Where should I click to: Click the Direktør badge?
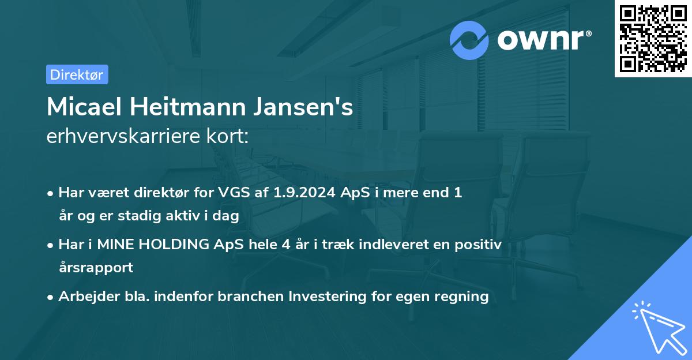click(x=77, y=74)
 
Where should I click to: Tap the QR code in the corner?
click(x=653, y=39)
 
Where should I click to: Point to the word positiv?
click(x=479, y=245)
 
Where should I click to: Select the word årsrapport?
click(x=96, y=267)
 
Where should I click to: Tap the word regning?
click(x=461, y=297)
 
